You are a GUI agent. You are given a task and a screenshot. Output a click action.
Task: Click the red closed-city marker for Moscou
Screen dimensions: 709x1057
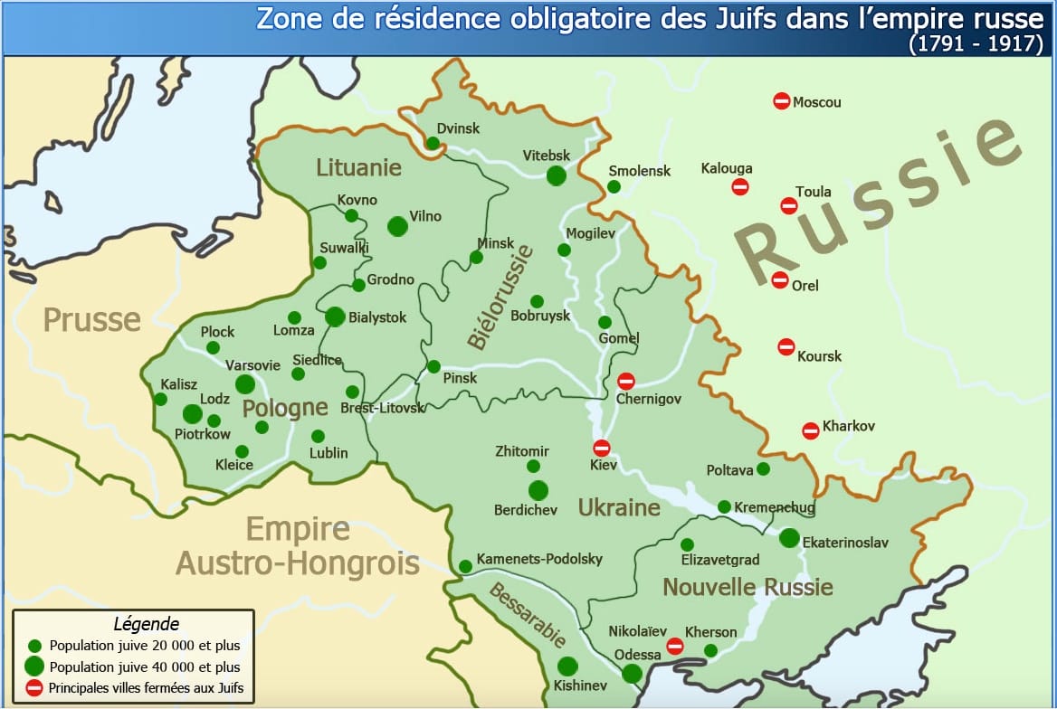click(x=782, y=101)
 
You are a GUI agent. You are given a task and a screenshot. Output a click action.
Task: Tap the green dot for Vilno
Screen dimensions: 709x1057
click(x=397, y=226)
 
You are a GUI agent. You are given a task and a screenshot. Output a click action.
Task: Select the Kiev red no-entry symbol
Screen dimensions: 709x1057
click(x=602, y=448)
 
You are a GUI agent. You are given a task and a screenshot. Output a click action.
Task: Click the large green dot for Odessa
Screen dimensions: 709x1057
click(x=633, y=673)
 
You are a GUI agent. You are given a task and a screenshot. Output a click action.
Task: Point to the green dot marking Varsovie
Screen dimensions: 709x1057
click(x=245, y=384)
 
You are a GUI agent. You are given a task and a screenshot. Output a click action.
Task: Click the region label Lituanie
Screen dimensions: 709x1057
click(x=358, y=167)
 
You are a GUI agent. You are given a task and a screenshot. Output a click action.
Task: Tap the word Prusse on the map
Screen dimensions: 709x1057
click(x=92, y=320)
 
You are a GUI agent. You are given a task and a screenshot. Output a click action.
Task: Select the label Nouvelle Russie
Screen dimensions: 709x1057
click(x=748, y=587)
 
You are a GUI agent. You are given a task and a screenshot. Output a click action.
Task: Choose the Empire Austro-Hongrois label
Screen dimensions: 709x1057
click(x=297, y=546)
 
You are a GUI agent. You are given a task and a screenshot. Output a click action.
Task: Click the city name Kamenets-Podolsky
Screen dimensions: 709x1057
click(x=539, y=559)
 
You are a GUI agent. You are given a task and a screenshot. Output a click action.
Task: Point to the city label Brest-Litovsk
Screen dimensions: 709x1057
click(x=382, y=409)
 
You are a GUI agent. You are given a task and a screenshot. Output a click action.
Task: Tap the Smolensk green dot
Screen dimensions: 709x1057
click(x=614, y=187)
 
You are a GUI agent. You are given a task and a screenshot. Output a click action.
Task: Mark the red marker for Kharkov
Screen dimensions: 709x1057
click(x=811, y=430)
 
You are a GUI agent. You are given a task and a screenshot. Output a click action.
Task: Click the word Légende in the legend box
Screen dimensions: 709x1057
click(x=146, y=624)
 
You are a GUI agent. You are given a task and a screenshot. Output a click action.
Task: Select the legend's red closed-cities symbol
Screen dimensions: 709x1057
click(x=34, y=688)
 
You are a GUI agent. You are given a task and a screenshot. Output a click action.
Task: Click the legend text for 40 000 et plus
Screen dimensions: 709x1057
click(x=145, y=667)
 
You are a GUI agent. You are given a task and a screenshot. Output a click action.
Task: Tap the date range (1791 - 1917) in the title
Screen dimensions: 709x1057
click(x=976, y=43)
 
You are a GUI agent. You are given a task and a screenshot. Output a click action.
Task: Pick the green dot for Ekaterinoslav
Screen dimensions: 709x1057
click(x=789, y=538)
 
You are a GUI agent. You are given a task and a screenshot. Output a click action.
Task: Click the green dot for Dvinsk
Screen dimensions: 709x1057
click(x=433, y=144)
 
